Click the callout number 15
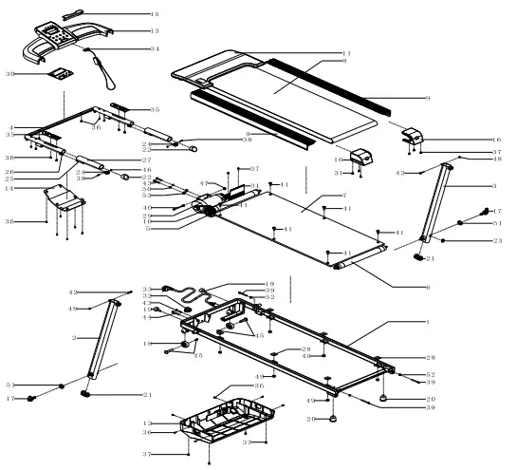click(155, 14)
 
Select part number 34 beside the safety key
click(155, 47)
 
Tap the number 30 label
click(11, 72)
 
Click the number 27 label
click(147, 160)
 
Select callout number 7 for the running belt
click(344, 197)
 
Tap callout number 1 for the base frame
click(427, 324)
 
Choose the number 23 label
click(498, 240)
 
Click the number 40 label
click(147, 207)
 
